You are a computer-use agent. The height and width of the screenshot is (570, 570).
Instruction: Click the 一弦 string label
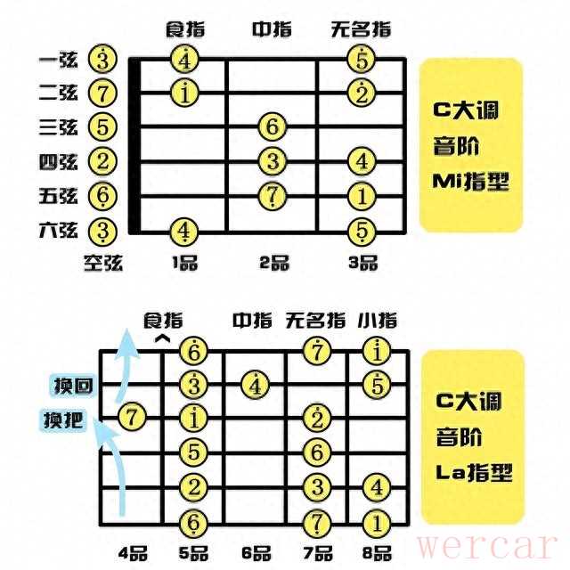coord(58,60)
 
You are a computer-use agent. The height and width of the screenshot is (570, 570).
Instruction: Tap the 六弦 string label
coord(58,230)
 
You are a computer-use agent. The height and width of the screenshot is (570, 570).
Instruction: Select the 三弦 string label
coord(58,127)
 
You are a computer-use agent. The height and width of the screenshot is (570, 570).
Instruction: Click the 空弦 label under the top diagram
coord(103,263)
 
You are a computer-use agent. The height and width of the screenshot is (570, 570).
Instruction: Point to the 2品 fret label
coord(274,263)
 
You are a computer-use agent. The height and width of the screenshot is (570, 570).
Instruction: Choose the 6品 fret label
coord(256,553)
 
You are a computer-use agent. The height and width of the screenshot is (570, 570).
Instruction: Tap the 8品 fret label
coord(377,553)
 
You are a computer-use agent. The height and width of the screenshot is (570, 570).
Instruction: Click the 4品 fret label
coord(133,553)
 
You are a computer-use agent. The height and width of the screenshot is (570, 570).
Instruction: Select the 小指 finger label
coord(377,321)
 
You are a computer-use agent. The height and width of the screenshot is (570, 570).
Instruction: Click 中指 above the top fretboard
coord(272,29)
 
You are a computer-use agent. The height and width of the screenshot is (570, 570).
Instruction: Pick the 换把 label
coord(63,420)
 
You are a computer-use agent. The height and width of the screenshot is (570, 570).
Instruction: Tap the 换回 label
coord(73,386)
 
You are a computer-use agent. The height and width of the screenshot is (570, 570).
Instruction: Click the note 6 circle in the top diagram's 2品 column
coord(273,126)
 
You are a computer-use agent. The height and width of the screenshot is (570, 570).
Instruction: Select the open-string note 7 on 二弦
coord(103,93)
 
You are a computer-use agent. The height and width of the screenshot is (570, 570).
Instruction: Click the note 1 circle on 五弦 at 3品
coord(362,196)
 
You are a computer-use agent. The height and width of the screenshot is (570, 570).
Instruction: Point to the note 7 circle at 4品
coord(132,417)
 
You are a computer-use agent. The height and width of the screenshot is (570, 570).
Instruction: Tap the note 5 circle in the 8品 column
coord(377,385)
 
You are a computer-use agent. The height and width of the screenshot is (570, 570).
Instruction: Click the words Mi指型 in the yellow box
coord(470,182)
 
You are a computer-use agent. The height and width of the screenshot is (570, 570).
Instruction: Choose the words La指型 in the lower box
coord(474,472)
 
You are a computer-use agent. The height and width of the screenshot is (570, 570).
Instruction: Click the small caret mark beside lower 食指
coord(162,338)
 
